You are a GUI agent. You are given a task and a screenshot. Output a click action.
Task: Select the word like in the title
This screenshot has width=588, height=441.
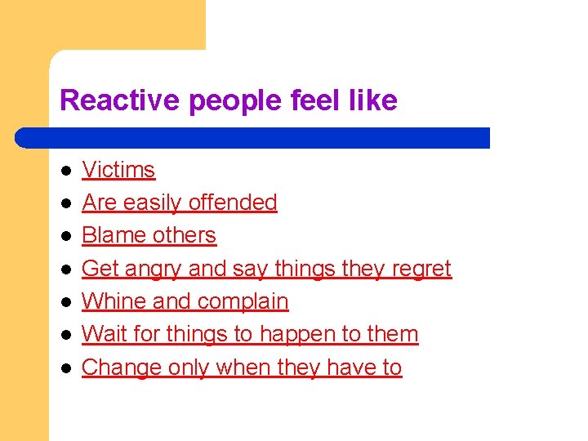(371, 100)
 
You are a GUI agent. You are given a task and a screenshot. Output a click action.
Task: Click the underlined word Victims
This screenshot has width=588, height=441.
(118, 170)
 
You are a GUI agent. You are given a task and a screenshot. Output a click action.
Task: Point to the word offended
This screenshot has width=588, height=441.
(234, 203)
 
